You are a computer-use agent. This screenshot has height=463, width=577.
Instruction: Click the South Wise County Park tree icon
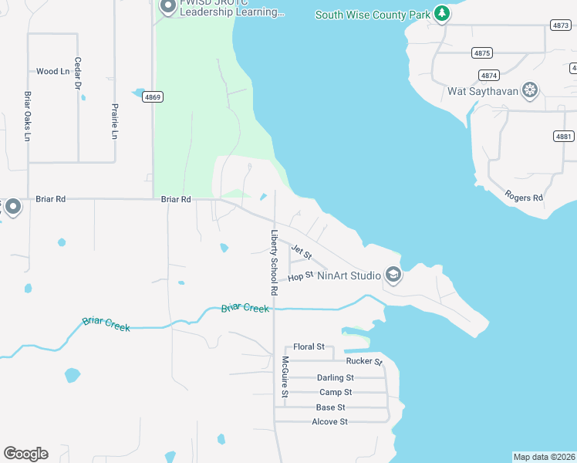(441, 13)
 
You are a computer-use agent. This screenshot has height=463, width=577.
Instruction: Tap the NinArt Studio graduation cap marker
(393, 275)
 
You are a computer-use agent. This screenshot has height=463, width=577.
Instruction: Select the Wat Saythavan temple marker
(530, 91)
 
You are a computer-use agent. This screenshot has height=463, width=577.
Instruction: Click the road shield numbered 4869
(152, 96)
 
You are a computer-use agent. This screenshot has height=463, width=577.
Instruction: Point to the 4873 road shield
(561, 25)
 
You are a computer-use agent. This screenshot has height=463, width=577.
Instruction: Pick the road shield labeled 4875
(482, 53)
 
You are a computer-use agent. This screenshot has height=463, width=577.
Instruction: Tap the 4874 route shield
(488, 75)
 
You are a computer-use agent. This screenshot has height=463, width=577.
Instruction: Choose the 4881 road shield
(564, 136)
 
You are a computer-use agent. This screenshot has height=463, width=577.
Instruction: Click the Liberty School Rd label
(273, 263)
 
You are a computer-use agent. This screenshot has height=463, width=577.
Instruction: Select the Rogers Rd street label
(524, 198)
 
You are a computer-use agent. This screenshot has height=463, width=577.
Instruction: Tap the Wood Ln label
(52, 72)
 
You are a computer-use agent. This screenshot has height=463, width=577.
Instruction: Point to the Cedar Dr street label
(78, 73)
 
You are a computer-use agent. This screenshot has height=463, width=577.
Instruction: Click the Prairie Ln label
(114, 121)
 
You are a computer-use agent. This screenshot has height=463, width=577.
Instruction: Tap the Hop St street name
(300, 275)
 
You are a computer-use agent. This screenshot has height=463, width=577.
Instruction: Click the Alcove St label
(330, 421)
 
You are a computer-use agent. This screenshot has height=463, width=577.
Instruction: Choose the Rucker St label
(364, 361)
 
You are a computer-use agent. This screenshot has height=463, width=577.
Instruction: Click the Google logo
(25, 454)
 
